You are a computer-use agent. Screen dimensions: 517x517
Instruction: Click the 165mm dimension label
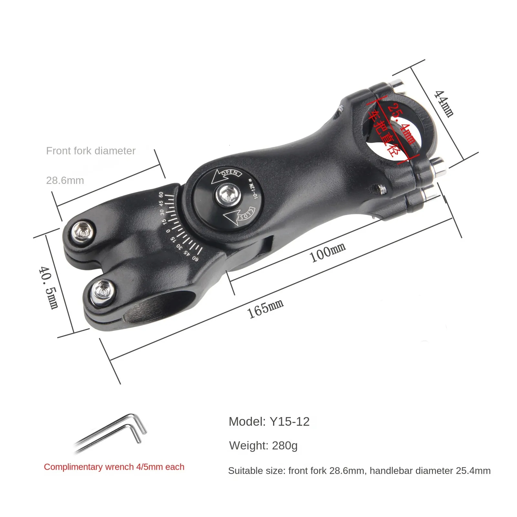pyautogui.click(x=265, y=308)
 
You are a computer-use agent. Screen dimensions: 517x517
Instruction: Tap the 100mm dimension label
pyautogui.click(x=328, y=252)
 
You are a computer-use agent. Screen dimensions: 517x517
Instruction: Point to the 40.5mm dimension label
pyautogui.click(x=48, y=287)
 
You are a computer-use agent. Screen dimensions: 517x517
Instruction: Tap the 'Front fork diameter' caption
pyautogui.click(x=91, y=151)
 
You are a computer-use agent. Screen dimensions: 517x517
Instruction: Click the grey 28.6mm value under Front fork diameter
pyautogui.click(x=65, y=180)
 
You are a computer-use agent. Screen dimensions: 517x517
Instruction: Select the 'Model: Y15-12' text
pyautogui.click(x=269, y=421)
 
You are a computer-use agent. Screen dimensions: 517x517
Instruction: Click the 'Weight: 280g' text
pyautogui.click(x=263, y=446)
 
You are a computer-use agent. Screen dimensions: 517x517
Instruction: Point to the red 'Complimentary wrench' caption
pyautogui.click(x=114, y=467)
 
